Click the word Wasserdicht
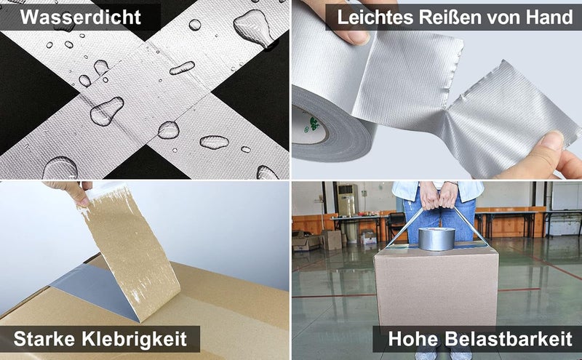81,17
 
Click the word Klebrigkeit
134,339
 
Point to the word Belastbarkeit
509,339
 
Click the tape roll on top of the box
436,239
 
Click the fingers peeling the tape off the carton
71,191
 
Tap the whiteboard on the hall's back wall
567,196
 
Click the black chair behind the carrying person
396,224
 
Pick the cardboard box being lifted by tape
436,285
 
